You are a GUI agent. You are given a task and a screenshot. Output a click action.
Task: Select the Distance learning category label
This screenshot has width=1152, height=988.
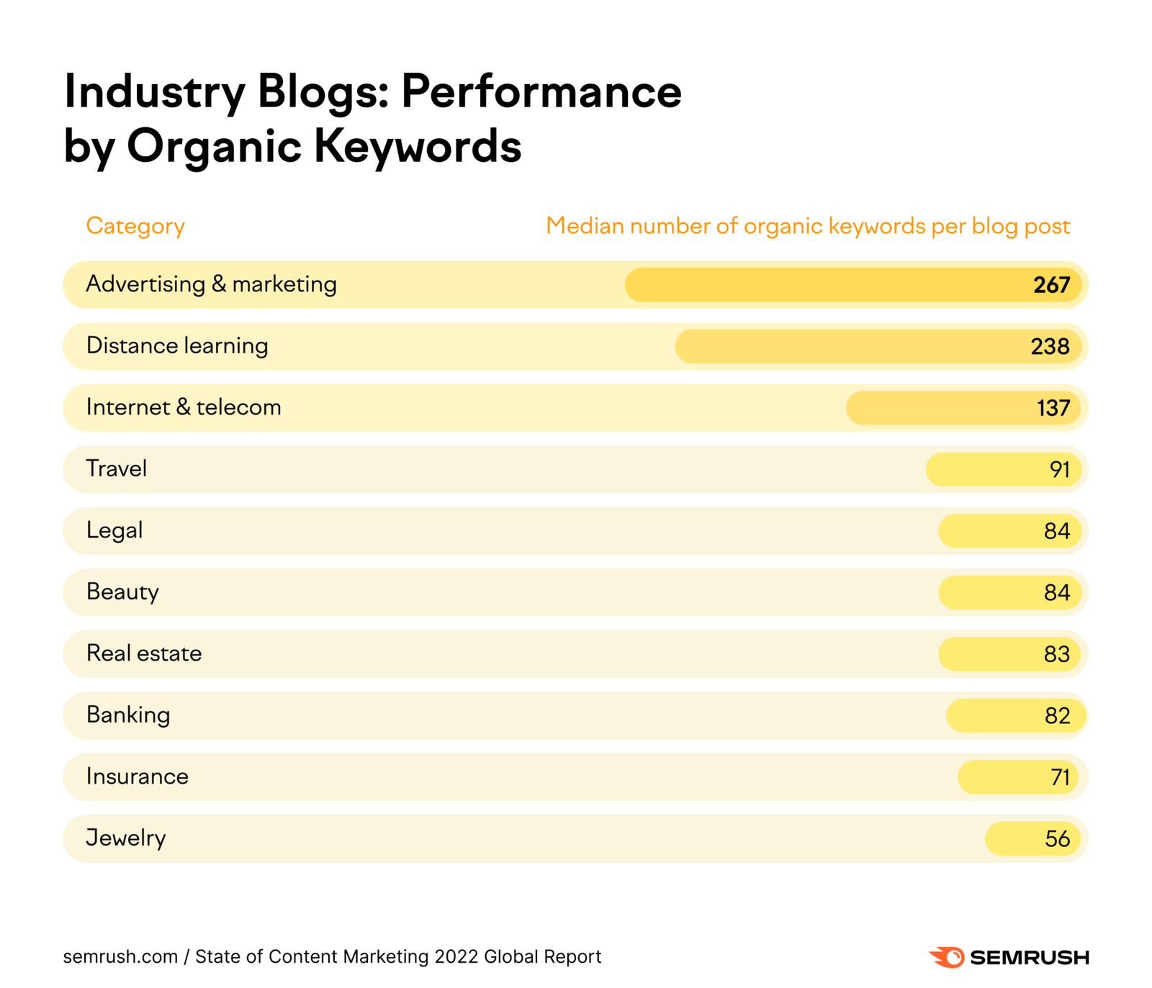coord(176,346)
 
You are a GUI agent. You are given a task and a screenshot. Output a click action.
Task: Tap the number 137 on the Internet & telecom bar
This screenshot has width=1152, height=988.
coord(1053,408)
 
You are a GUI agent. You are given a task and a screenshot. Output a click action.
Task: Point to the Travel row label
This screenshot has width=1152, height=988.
coord(116,469)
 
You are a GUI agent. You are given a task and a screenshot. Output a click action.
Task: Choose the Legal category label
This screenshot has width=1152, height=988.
coord(114,530)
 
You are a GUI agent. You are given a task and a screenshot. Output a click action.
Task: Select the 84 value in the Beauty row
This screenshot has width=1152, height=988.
coord(1056,593)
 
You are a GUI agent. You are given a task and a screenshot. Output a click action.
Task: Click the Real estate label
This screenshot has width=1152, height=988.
coord(143,653)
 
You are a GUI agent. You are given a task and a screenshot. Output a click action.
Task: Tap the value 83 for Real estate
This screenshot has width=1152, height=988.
coord(1056,654)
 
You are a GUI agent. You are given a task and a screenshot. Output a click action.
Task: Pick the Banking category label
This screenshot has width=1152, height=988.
coord(127,715)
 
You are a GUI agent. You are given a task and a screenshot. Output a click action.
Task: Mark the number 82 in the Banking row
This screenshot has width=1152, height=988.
coord(1056,716)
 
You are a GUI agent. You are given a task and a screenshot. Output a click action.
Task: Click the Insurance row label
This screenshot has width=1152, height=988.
coord(137,776)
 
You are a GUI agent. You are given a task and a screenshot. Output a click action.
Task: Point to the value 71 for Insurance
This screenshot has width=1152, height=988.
coord(1059,777)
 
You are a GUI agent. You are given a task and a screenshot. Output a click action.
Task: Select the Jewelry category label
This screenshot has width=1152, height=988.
coord(125,838)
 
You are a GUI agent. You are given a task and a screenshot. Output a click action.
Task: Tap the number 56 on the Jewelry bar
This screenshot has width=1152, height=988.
coord(1056,839)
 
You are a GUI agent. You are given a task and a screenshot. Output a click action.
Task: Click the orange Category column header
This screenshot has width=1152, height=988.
coord(135,226)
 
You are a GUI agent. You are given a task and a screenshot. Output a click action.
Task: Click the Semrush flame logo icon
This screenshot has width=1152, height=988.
coord(947,956)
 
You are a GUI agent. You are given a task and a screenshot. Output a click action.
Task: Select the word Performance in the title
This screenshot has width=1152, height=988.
coord(541,91)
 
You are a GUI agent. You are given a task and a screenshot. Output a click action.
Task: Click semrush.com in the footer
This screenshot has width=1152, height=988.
coord(120,956)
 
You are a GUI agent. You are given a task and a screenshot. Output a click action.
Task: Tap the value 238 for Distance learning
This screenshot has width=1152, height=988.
coord(1049,347)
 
